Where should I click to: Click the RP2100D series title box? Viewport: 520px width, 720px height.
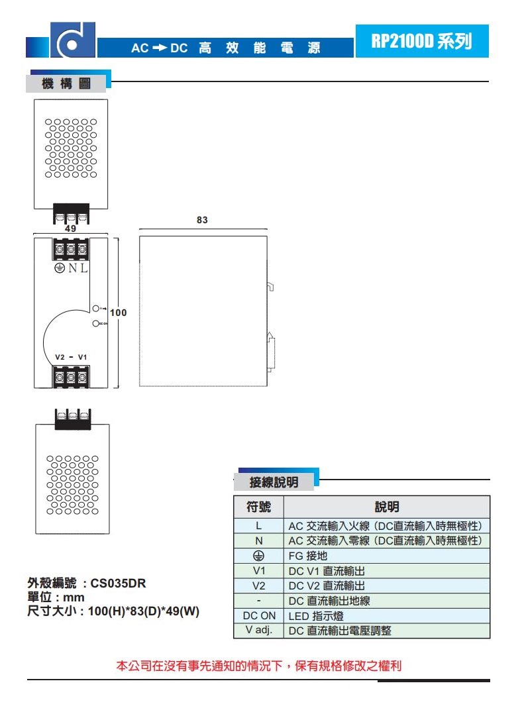tap(421, 41)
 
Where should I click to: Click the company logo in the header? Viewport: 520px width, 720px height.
tap(72, 40)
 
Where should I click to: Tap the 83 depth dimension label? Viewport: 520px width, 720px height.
tap(202, 220)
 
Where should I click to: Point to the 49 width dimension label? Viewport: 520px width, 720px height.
tap(70, 229)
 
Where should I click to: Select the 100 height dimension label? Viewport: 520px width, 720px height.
tap(119, 312)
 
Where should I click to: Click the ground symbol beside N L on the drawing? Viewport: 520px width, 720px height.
tap(58, 268)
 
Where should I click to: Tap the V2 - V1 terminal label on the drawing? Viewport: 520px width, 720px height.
tap(72, 357)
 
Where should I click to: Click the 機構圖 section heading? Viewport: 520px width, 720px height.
tap(65, 84)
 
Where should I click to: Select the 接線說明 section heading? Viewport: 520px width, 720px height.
tap(274, 482)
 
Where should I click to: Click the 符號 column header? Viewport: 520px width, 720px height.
tap(258, 507)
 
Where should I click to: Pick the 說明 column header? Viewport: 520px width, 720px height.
tap(387, 507)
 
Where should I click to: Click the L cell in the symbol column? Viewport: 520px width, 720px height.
tap(258, 526)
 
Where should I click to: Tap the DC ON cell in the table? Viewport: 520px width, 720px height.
tap(258, 616)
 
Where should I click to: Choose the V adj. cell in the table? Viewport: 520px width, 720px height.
tap(258, 630)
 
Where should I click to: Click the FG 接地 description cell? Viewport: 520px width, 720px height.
tap(387, 556)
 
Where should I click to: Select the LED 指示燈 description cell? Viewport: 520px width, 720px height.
tap(387, 616)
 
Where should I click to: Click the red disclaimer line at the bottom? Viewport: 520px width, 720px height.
tap(259, 666)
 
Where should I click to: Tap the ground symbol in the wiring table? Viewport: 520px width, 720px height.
tap(258, 556)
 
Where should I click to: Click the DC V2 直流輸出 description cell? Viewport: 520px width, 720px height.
tap(387, 586)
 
